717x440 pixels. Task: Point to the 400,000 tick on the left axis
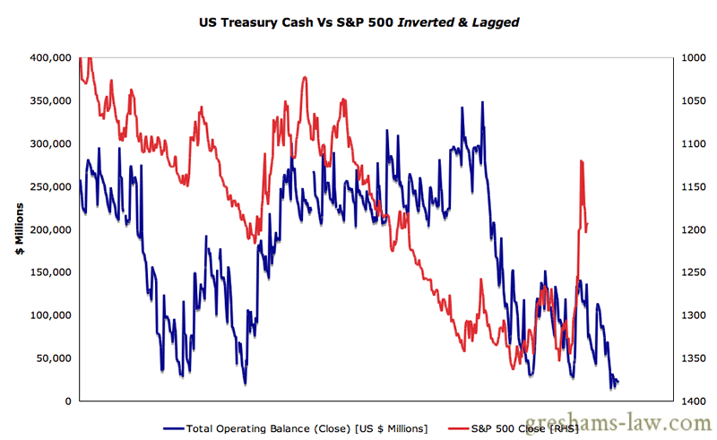(51, 57)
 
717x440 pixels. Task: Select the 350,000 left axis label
(51, 100)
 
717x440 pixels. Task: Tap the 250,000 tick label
(51, 186)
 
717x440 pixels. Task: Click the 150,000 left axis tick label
(51, 272)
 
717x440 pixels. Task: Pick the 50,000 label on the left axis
(54, 358)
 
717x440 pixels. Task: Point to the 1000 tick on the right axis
(694, 57)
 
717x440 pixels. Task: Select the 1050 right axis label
(694, 100)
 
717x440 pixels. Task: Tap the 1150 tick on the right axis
(694, 186)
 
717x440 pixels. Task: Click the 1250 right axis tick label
(694, 272)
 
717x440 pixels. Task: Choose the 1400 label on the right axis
(694, 401)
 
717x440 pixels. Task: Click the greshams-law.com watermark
(633, 424)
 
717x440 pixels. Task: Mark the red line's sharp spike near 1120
(582, 161)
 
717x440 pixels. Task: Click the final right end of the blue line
(618, 383)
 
